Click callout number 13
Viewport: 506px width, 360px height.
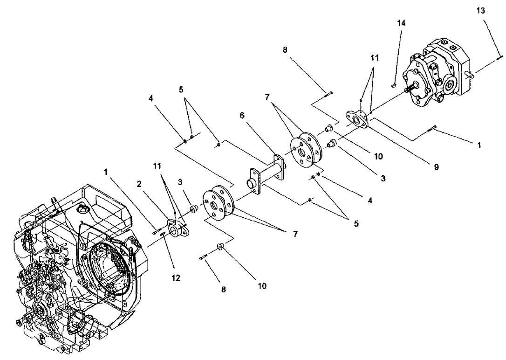point(480,11)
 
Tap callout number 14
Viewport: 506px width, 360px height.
point(401,23)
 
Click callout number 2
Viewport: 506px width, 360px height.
point(139,184)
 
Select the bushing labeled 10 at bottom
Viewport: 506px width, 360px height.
point(221,246)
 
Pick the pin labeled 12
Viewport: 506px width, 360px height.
point(163,236)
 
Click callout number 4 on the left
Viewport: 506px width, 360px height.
point(150,98)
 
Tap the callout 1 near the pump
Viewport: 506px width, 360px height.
point(479,145)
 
